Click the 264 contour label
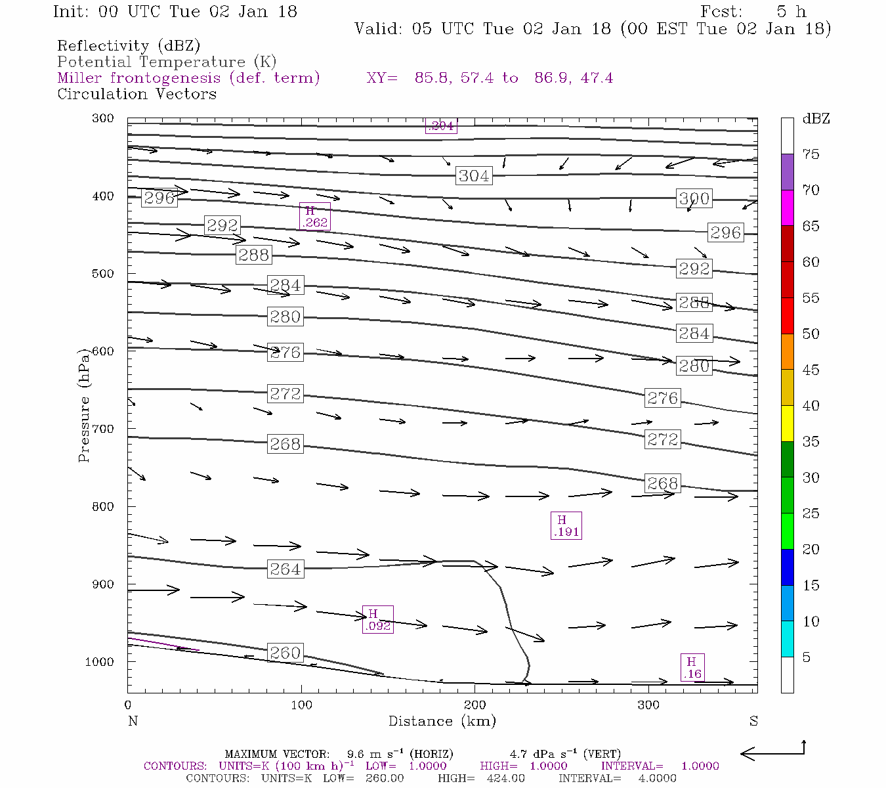pyautogui.click(x=285, y=569)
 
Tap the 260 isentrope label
pyautogui.click(x=285, y=653)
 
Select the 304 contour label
pyautogui.click(x=474, y=176)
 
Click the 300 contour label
pyautogui.click(x=694, y=198)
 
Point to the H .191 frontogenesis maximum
pyautogui.click(x=566, y=526)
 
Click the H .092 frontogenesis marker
pyautogui.click(x=378, y=619)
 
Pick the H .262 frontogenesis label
pyautogui.click(x=314, y=217)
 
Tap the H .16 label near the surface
pyautogui.click(x=692, y=667)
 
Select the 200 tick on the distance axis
pyautogui.click(x=475, y=705)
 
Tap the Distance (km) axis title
pyautogui.click(x=442, y=721)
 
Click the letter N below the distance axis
pyautogui.click(x=133, y=721)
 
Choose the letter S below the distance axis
pyautogui.click(x=753, y=721)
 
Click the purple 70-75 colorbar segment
pyautogui.click(x=788, y=172)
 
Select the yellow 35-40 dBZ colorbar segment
pyautogui.click(x=788, y=424)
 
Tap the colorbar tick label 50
pyautogui.click(x=811, y=334)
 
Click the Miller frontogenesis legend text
pyautogui.click(x=188, y=78)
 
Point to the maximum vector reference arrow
pyautogui.click(x=772, y=753)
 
